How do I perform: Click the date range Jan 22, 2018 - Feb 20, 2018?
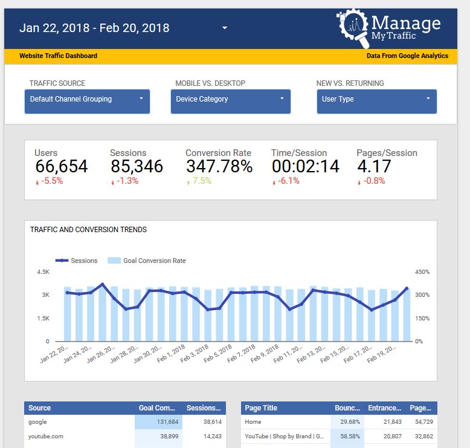click(94, 28)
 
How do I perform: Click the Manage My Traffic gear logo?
click(353, 28)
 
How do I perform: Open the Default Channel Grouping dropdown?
click(87, 100)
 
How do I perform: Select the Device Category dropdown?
click(230, 100)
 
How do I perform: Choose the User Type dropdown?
click(376, 100)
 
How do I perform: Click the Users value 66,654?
click(61, 166)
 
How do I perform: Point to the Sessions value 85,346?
click(137, 166)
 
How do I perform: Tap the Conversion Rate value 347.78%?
click(219, 166)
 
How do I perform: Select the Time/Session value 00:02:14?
click(305, 166)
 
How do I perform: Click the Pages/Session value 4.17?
click(370, 166)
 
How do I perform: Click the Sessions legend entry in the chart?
click(77, 261)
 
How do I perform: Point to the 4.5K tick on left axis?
click(43, 272)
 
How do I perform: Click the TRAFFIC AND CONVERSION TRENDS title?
click(88, 230)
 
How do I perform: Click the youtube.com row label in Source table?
click(45, 436)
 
